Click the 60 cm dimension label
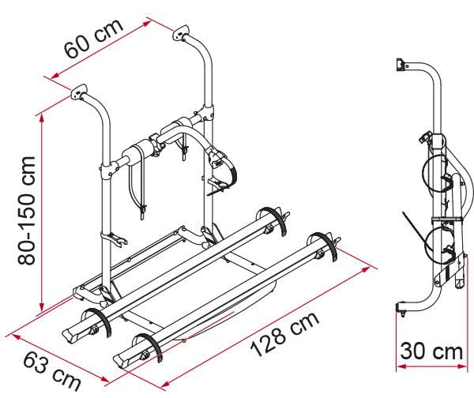coord(94,39)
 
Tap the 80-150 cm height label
coord(26,211)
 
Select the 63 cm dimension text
coord(52,372)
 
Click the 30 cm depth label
coord(431,351)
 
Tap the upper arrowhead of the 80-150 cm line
coord(42,118)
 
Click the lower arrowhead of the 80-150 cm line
coord(42,306)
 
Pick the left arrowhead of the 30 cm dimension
coord(401,366)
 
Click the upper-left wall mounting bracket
coord(78,92)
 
